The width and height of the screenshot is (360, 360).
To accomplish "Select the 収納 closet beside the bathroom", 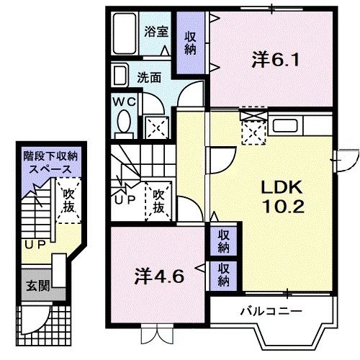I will coord(192,43).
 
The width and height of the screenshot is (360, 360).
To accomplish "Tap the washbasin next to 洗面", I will coord(120,75).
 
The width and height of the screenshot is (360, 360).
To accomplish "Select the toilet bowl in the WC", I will coord(125,120).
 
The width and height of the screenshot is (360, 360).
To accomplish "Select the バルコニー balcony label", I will coord(271,311).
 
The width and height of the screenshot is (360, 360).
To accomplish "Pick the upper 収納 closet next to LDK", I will coord(224,241).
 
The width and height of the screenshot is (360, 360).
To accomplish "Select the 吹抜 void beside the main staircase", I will coord(159,199).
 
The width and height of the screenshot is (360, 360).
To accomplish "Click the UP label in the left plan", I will coord(34,246).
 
